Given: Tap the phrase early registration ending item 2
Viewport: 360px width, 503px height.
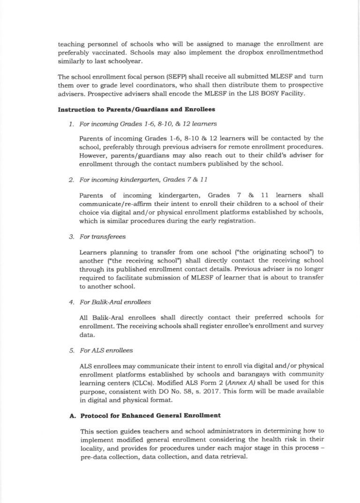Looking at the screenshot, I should (x=222, y=222).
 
